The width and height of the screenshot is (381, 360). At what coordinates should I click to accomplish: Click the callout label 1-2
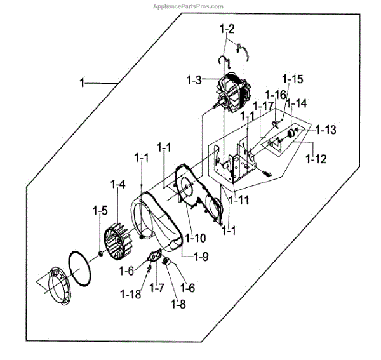[227, 29]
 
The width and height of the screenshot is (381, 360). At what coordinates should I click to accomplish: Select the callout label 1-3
[194, 81]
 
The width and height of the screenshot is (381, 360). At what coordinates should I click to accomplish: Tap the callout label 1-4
[117, 185]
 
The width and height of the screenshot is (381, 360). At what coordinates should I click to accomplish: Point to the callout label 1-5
[100, 210]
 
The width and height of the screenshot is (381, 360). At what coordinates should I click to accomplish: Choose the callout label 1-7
[156, 288]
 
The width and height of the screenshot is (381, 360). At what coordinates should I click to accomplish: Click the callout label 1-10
[196, 238]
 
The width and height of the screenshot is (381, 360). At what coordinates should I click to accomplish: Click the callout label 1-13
[325, 130]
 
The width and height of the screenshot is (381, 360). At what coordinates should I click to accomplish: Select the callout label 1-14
[296, 102]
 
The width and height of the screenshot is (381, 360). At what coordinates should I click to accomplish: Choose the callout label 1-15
[293, 79]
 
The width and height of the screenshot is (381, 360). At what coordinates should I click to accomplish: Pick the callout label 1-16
[276, 95]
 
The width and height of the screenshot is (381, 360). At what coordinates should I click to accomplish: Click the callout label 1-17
[263, 105]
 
